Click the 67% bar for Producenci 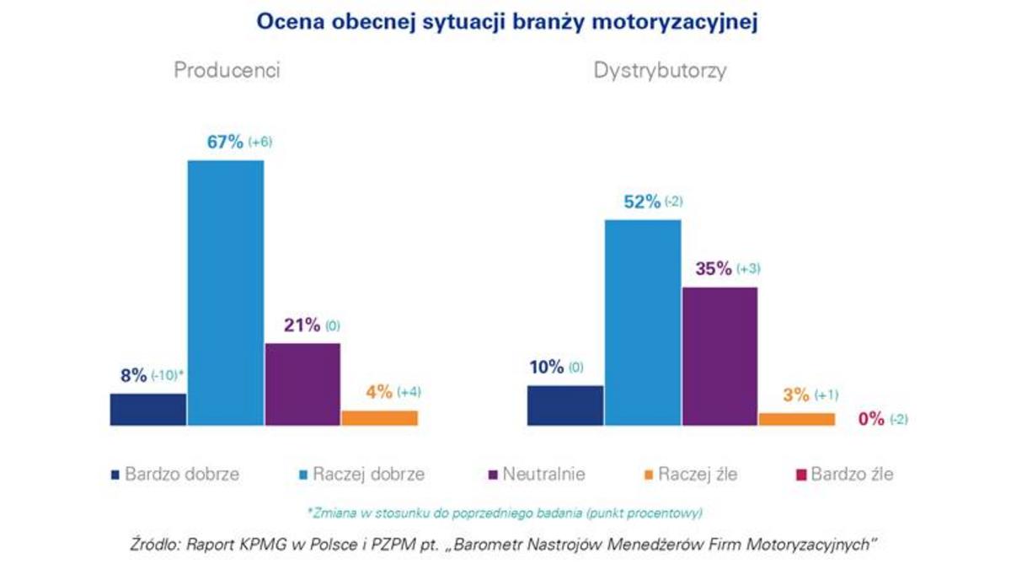[225, 292]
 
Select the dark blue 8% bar [147, 409]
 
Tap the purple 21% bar [302, 384]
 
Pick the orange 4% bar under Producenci [379, 417]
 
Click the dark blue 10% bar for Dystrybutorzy [564, 405]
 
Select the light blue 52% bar [642, 322]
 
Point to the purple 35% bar [719, 356]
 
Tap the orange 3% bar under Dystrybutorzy [796, 418]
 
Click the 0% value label [871, 419]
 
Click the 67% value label [225, 142]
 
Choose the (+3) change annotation [748, 270]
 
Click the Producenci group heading [227, 71]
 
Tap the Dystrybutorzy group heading [660, 71]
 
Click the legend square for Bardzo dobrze [115, 475]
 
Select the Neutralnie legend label [543, 475]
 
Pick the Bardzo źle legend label [852, 475]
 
